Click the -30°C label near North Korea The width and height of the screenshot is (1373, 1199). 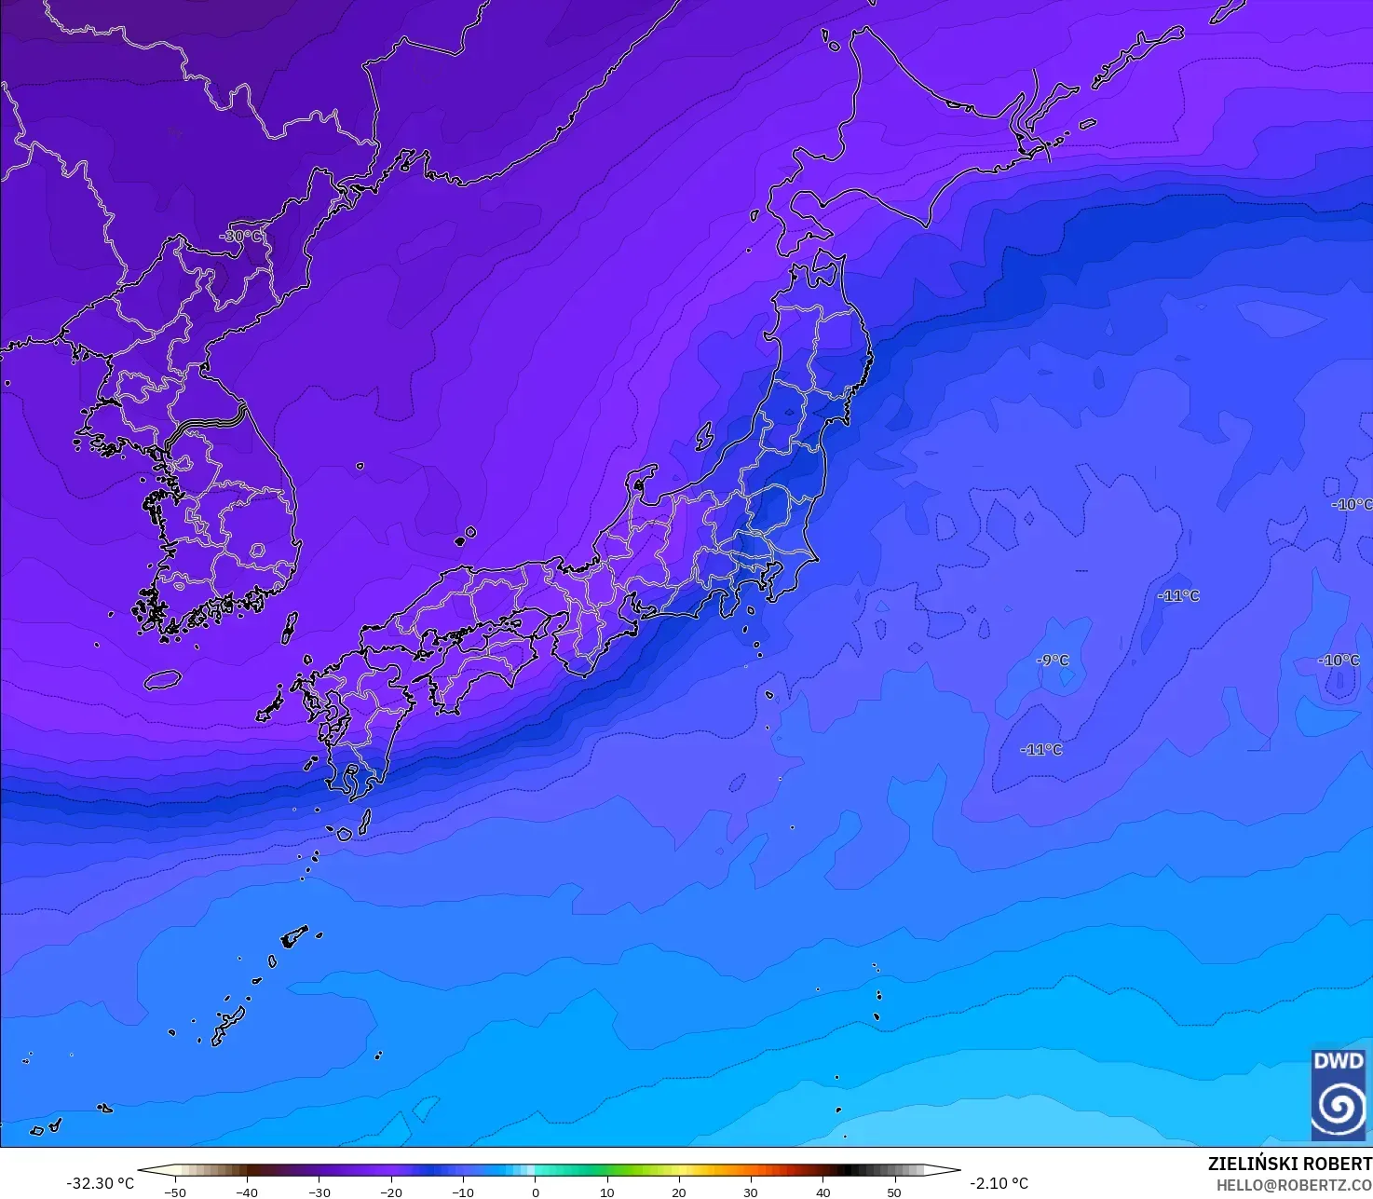[x=240, y=237]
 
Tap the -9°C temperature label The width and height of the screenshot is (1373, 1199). [x=1053, y=661]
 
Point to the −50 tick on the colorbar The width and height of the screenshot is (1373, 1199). [x=174, y=1192]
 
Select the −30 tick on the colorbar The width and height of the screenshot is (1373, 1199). [x=319, y=1192]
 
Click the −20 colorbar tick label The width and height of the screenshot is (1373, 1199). [x=391, y=1192]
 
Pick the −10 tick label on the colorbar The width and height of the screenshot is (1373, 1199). [x=463, y=1192]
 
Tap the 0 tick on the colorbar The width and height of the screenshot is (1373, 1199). [x=535, y=1192]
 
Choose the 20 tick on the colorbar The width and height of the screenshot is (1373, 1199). [x=679, y=1192]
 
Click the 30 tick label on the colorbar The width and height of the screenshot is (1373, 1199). [x=751, y=1192]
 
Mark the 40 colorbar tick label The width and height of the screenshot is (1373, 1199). [x=822, y=1192]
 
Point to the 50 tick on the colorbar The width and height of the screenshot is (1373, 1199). [x=894, y=1192]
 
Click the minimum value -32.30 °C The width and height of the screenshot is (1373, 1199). [x=100, y=1183]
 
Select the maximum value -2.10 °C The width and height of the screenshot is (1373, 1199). [x=999, y=1183]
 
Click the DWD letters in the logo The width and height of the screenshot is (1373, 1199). [x=1338, y=1060]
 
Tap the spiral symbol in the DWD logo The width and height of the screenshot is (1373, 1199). [x=1338, y=1106]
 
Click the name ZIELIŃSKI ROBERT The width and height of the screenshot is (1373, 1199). [x=1289, y=1164]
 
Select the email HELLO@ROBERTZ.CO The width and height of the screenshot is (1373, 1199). [x=1294, y=1184]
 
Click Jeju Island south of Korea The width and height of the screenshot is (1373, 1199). [x=162, y=679]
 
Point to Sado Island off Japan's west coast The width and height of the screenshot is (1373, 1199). [x=639, y=482]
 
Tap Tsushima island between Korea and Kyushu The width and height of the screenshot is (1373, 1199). [x=290, y=627]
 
